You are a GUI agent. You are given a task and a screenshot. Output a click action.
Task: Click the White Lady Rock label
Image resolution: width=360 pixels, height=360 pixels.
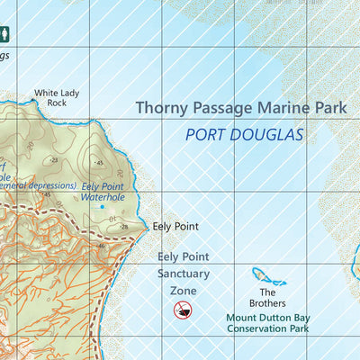(x=50, y=97)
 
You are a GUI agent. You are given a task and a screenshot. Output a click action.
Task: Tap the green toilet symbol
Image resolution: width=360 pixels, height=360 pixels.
(x=5, y=35)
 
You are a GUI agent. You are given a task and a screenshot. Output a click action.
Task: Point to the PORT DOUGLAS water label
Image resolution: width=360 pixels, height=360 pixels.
(x=244, y=136)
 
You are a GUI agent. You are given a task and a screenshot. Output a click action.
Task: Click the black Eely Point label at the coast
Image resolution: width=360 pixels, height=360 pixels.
(x=175, y=227)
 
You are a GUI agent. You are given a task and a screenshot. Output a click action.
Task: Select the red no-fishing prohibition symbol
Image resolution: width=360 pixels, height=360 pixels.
(x=183, y=310)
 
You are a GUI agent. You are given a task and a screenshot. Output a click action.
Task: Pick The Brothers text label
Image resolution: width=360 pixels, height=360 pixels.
(x=267, y=297)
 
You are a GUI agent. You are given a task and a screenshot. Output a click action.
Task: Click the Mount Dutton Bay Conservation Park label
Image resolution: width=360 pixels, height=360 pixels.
(x=267, y=323)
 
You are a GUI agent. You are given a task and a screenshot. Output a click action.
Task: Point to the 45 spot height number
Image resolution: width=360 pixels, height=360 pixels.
(x=99, y=163)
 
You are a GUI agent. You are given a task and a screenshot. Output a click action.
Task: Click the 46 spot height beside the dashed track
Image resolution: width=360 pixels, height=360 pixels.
(x=103, y=246)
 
